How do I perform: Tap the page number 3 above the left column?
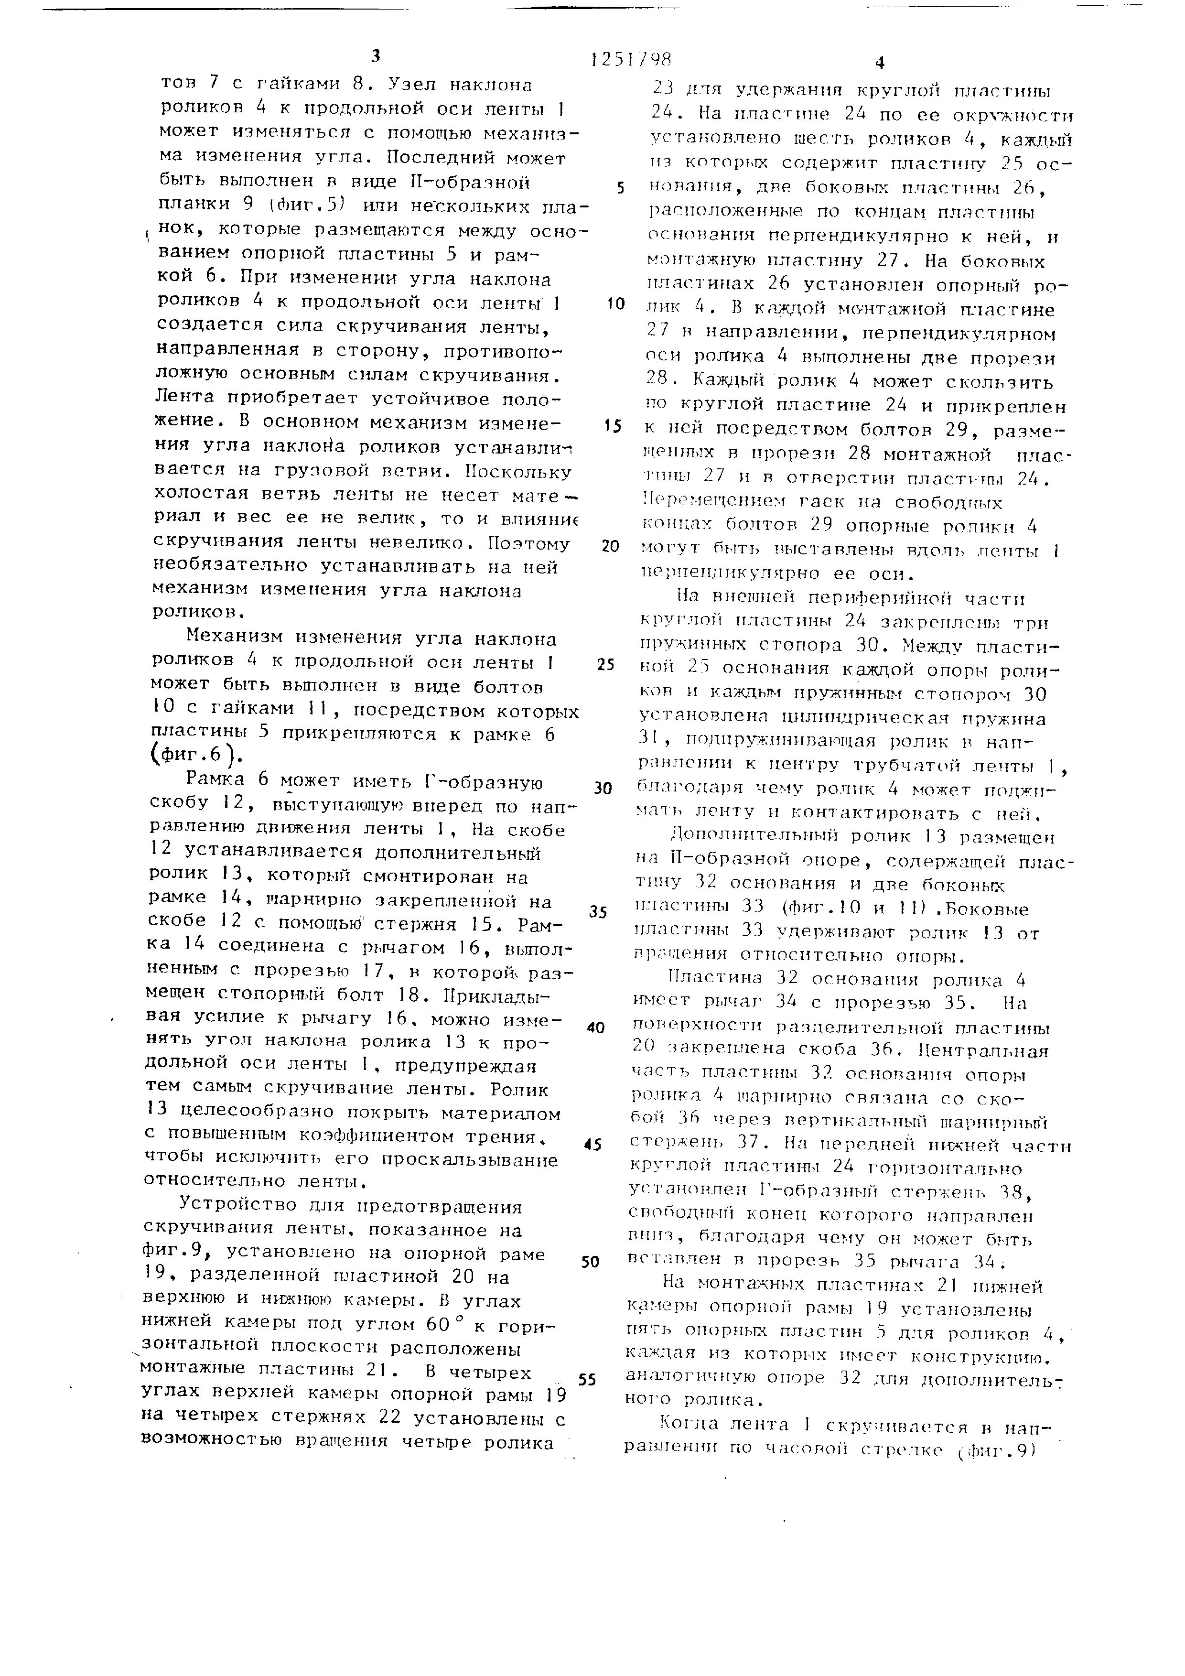[x=375, y=55]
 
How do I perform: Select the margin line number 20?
[x=611, y=546]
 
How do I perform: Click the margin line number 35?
[x=598, y=912]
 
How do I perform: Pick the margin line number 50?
[x=590, y=1261]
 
